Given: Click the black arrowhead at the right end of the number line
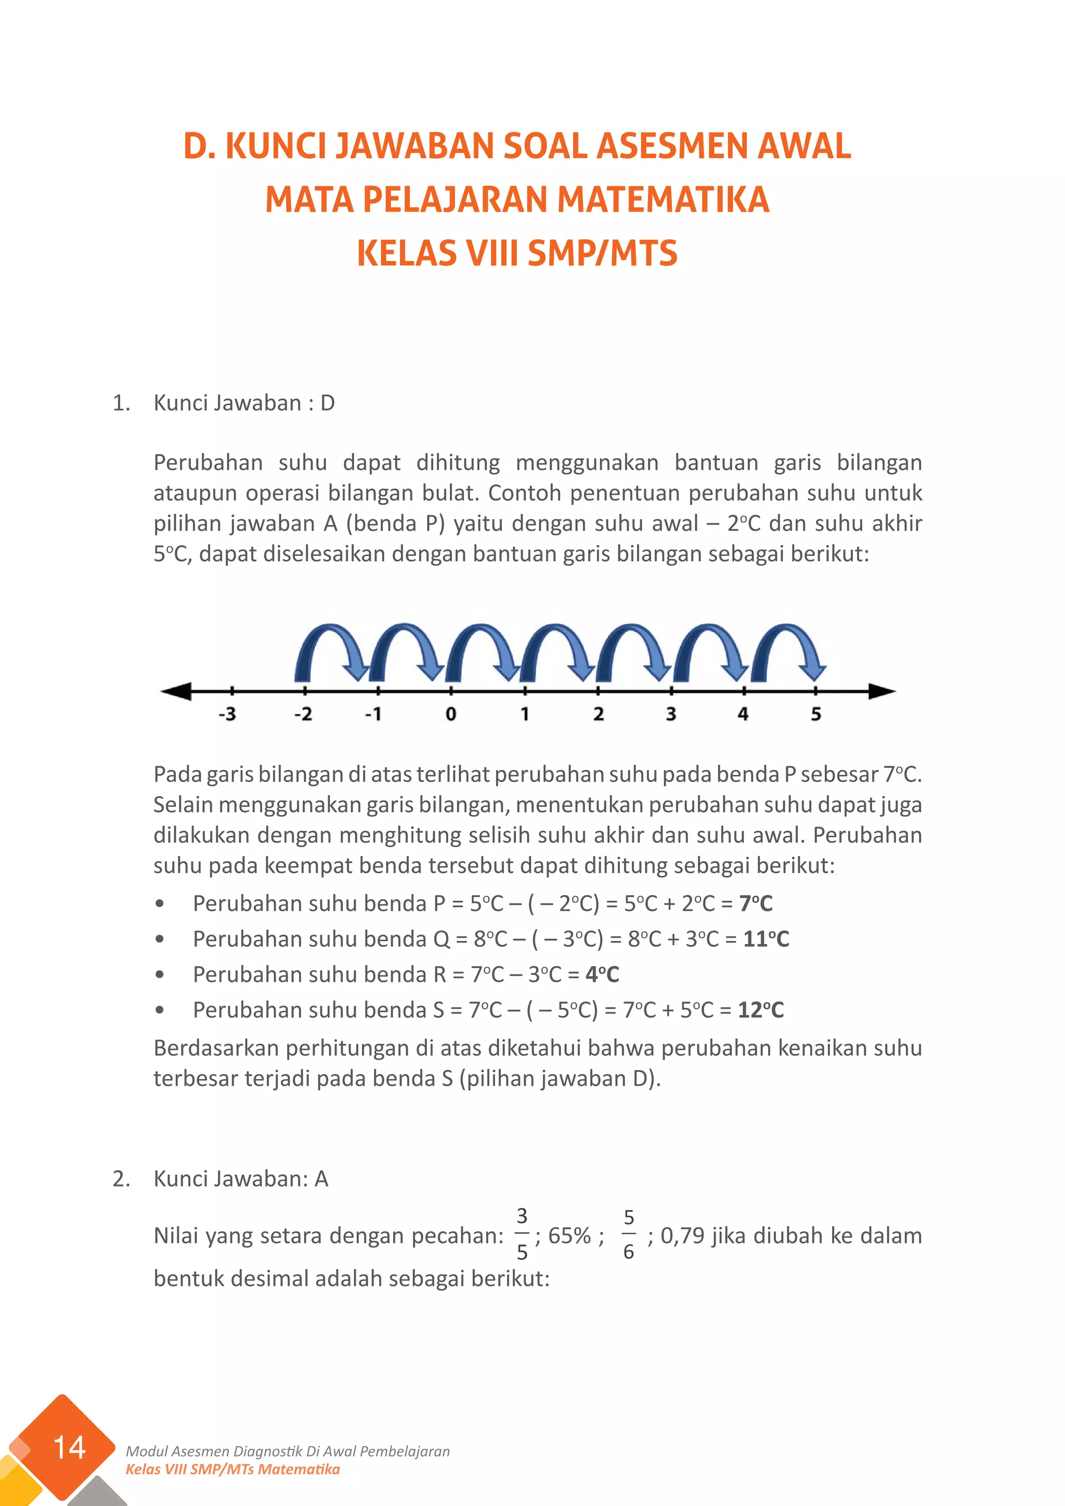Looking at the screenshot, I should [x=881, y=691].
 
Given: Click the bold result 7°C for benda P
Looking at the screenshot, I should [x=756, y=903].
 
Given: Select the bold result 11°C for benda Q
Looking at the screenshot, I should [x=766, y=939].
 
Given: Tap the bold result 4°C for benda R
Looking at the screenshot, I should [x=602, y=974].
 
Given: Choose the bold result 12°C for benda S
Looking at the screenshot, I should [x=761, y=1009].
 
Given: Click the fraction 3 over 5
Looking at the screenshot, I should [x=522, y=1235].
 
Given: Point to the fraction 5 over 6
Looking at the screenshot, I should [x=628, y=1235].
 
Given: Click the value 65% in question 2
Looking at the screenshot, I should [x=569, y=1236].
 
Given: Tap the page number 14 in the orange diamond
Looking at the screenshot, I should [x=69, y=1448].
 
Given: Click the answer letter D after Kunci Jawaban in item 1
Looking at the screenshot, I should [x=327, y=403].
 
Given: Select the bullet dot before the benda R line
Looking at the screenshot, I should [x=159, y=975].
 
